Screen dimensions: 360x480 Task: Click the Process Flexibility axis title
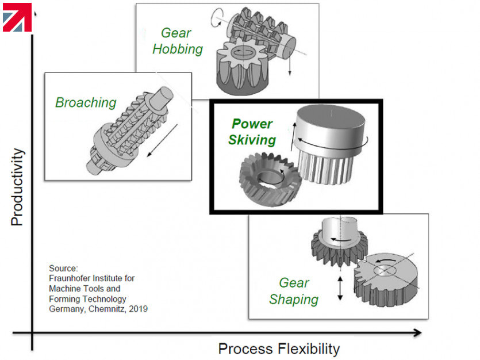click(279, 348)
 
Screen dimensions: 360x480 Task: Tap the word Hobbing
click(178, 49)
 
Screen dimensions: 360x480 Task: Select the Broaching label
click(86, 103)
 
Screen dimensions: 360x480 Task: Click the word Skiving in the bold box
click(252, 140)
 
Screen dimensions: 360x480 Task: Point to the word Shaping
click(293, 300)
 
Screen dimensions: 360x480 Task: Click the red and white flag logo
click(17, 17)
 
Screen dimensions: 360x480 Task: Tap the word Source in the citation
click(63, 268)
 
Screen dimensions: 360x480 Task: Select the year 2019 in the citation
click(137, 309)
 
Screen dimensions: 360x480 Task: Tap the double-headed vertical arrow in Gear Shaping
click(340, 288)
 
